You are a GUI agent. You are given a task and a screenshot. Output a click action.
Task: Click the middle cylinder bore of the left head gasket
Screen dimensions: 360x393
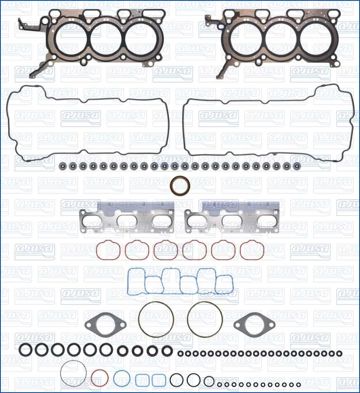point(107,38)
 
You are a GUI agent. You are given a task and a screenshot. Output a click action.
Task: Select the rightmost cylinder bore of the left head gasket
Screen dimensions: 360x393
point(140,38)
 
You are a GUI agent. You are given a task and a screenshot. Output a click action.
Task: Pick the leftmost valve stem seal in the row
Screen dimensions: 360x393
point(62,166)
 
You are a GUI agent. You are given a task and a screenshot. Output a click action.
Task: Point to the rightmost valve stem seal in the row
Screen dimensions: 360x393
point(297,166)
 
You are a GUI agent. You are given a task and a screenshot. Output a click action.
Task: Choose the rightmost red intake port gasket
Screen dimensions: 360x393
point(252,250)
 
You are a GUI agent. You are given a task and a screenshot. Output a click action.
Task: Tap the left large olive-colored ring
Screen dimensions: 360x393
point(156,319)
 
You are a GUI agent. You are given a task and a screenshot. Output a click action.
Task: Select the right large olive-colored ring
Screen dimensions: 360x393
point(205,319)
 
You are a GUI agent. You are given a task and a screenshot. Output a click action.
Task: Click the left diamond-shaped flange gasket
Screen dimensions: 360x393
point(105,325)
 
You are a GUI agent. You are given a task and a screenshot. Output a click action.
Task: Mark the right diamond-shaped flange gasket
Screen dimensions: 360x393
point(249,325)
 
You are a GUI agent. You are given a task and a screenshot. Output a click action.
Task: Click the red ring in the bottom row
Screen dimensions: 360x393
point(99,378)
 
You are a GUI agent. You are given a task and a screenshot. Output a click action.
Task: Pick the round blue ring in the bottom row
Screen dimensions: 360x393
point(122,378)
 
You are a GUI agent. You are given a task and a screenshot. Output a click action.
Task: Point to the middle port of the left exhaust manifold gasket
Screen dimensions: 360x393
point(128,221)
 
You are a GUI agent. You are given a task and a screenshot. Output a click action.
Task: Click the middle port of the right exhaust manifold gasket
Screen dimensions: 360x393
point(233,221)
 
